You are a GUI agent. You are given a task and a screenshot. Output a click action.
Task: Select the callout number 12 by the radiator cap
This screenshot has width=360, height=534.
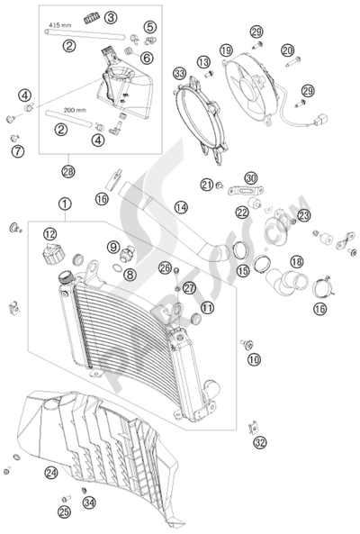pos(48,235)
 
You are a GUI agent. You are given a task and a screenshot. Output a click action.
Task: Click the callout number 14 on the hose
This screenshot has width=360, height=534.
pos(181,207)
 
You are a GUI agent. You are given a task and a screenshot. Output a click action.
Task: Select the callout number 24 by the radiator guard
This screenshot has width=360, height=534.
pos(50,471)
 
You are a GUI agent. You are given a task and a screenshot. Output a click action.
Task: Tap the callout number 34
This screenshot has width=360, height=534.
pos(87,502)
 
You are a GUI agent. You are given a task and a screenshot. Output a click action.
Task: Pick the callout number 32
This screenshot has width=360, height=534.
pos(260,442)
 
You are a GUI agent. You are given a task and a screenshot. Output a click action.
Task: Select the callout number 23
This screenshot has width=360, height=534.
pos(303,214)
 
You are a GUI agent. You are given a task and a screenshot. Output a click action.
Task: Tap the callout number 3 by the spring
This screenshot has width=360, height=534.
pos(135,17)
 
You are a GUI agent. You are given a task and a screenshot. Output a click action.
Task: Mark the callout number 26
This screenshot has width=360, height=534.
pos(165,267)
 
